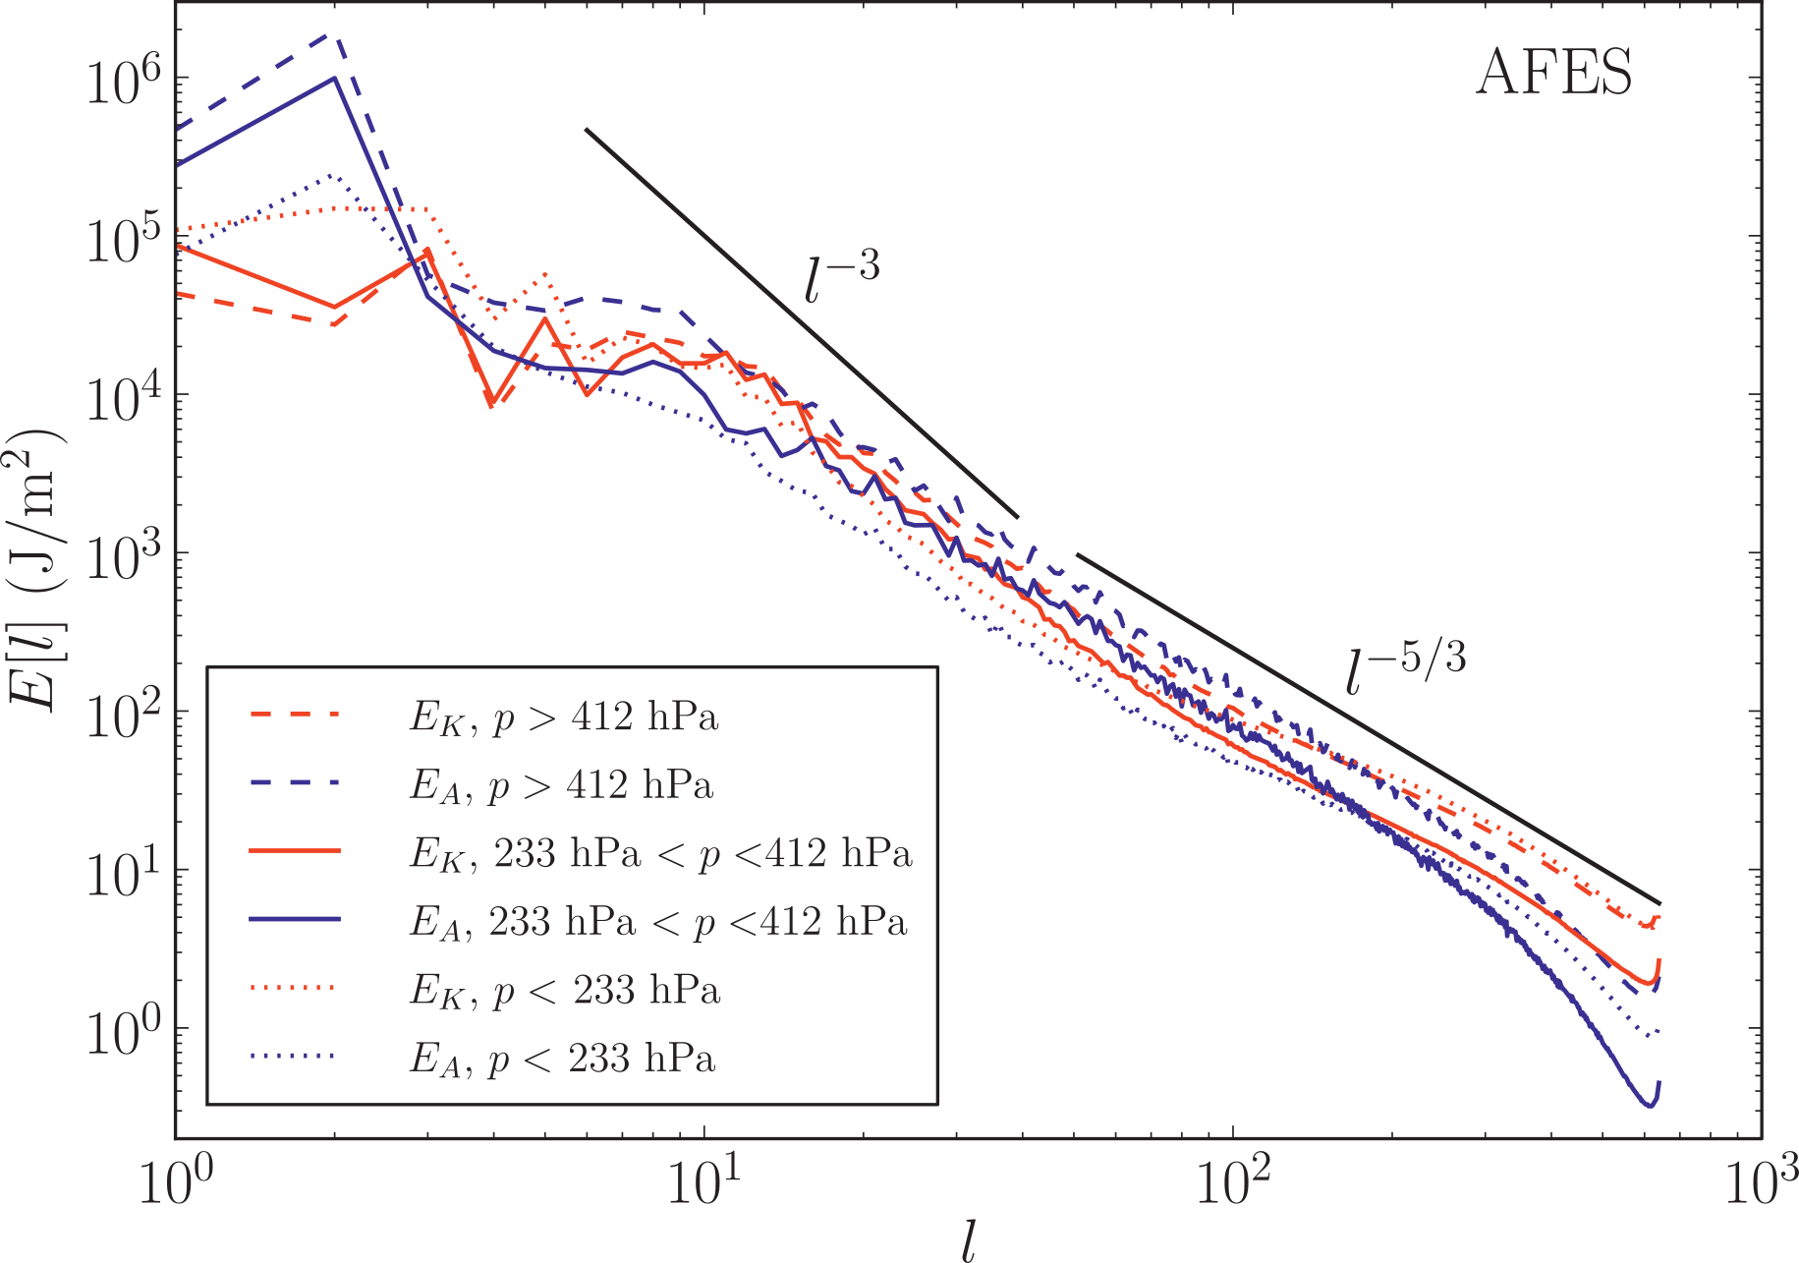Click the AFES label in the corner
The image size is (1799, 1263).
(1553, 73)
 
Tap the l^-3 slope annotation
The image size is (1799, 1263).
(841, 278)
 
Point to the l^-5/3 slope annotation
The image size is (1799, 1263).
(1405, 668)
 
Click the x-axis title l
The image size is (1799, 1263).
(969, 1242)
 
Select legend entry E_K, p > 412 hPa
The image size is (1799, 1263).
(563, 718)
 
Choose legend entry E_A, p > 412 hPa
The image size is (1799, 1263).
(560, 785)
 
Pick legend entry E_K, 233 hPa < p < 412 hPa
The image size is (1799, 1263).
(660, 853)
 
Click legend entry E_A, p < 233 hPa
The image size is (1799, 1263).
(561, 1059)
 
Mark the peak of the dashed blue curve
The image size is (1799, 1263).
(335, 34)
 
